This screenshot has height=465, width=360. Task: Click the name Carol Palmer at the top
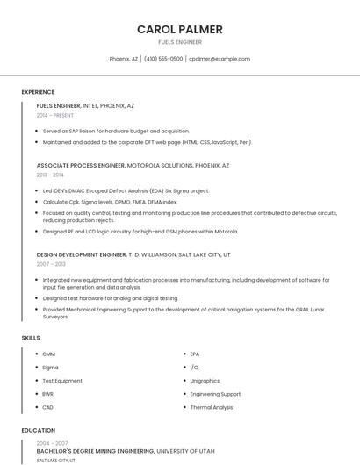coord(179,30)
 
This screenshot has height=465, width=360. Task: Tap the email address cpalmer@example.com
coord(220,59)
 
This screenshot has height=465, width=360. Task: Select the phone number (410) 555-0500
coord(163,59)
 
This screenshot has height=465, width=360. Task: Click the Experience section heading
coord(38,92)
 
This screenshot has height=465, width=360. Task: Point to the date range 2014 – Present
coord(55,115)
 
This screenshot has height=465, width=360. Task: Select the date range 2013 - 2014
coord(50,175)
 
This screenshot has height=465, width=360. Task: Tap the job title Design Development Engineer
coord(82,254)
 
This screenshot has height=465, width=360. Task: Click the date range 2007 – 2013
coord(51,264)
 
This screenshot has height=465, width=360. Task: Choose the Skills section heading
coord(31,338)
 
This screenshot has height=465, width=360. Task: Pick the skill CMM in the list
coord(49,354)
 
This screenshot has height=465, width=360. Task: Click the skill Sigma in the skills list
coord(50,368)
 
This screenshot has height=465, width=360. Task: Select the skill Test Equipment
coord(62,381)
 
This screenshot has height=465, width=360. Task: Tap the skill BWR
coord(48,394)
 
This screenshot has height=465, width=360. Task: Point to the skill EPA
coord(195,354)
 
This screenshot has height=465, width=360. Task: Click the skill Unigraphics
coord(205,381)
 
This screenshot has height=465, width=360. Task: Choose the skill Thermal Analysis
coord(212,407)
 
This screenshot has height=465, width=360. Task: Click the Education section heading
coord(38,431)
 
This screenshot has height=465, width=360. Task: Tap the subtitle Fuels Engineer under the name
coord(179,42)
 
